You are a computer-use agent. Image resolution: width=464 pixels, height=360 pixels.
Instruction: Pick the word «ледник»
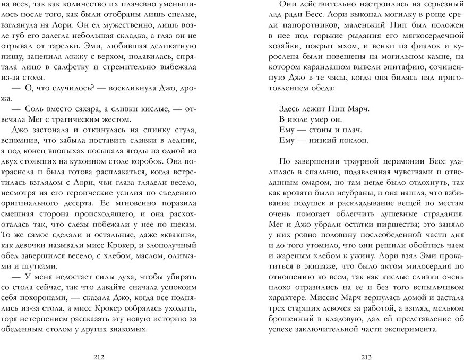point(182,136)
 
